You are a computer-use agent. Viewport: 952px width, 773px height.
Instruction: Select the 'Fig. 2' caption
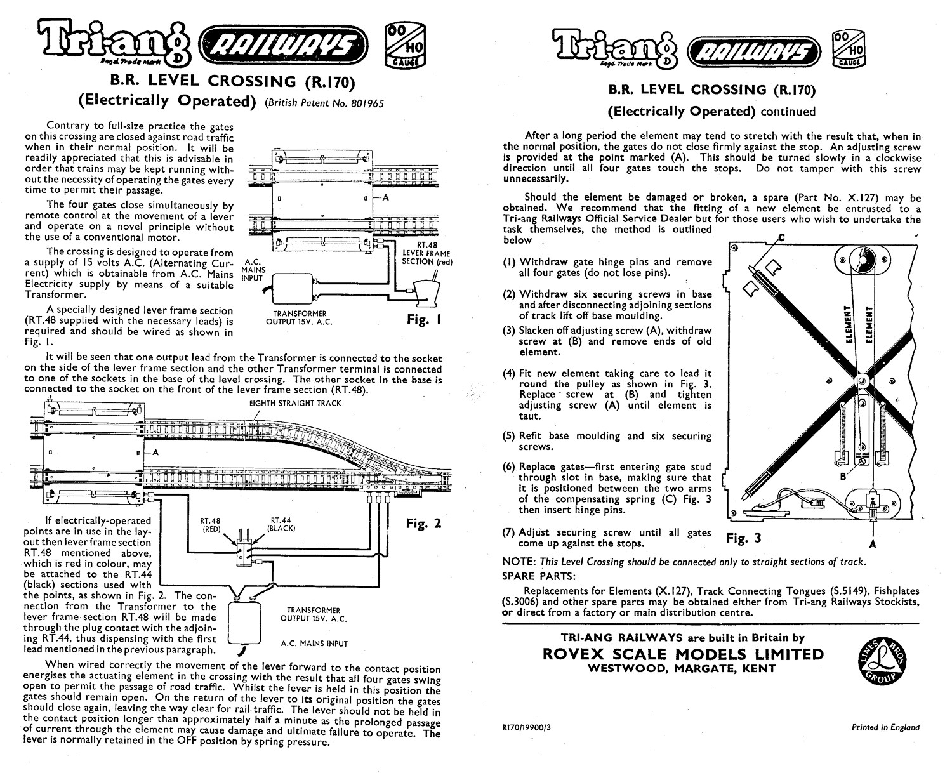pyautogui.click(x=423, y=524)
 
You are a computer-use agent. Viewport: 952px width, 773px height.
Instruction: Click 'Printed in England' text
pyautogui.click(x=885, y=728)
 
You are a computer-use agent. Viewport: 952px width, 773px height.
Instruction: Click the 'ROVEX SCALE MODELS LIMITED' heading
pyautogui.click(x=684, y=654)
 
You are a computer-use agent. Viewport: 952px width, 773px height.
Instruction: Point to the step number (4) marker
pyautogui.click(x=510, y=373)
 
